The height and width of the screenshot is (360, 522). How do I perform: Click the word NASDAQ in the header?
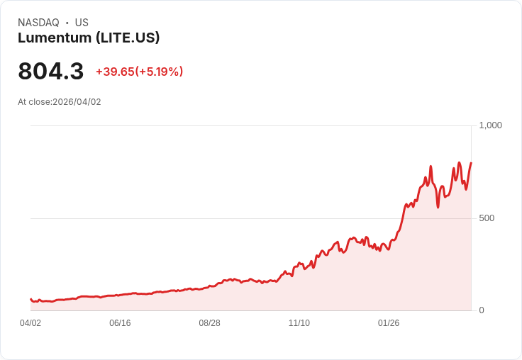tap(38, 23)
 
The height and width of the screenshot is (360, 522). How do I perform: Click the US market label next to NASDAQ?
tap(82, 23)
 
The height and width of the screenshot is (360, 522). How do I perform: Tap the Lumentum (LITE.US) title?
tap(89, 38)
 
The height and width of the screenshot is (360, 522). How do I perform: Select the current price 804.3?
tap(51, 72)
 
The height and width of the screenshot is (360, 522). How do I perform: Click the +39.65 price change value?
tap(115, 72)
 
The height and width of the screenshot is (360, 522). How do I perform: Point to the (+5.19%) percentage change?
tap(160, 72)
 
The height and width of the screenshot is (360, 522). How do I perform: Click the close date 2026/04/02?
tap(77, 102)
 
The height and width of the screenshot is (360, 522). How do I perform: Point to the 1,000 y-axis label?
tap(490, 125)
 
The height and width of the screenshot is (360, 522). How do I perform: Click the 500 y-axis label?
tap(487, 218)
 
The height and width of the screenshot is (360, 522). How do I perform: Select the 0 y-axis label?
tap(482, 310)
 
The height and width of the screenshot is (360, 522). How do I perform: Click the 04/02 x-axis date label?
tap(30, 323)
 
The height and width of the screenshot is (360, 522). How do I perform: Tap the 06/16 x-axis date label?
tap(120, 323)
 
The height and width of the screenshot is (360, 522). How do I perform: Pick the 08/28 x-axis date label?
tap(209, 323)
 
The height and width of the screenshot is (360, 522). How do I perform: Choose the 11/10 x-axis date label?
tap(299, 323)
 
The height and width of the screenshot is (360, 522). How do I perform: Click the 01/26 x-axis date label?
tap(389, 323)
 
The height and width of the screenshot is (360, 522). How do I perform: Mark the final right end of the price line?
tap(471, 164)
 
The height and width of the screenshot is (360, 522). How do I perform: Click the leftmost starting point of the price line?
tap(30, 299)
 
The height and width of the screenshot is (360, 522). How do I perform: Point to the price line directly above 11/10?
tap(299, 264)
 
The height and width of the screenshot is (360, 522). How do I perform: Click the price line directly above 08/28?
tap(209, 286)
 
